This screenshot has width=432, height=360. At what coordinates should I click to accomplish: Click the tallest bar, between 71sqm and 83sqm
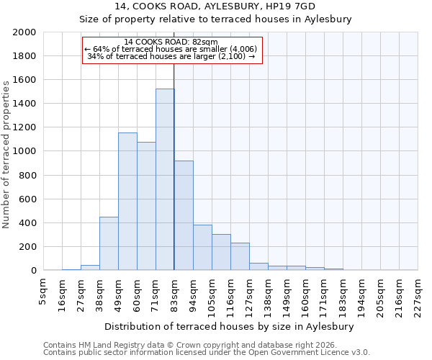[165, 180]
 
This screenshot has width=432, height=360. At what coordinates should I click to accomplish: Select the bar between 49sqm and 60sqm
[127, 202]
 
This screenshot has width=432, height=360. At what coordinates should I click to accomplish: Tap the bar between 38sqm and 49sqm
[109, 243]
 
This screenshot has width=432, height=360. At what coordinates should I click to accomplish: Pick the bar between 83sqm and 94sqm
[184, 215]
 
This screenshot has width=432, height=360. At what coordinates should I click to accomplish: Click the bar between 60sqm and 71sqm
[146, 206]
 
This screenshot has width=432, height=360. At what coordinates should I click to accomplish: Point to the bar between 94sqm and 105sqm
[202, 248]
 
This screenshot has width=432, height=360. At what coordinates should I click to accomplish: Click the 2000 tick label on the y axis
[24, 32]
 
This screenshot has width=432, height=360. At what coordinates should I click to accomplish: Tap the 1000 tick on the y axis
[24, 151]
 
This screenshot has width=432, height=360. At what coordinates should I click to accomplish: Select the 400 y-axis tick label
[27, 223]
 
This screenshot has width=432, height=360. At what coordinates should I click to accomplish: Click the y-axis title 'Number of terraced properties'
[6, 155]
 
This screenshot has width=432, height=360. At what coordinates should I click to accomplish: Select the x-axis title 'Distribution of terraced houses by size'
[234, 326]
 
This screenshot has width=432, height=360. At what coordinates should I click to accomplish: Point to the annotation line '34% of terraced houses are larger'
[171, 56]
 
